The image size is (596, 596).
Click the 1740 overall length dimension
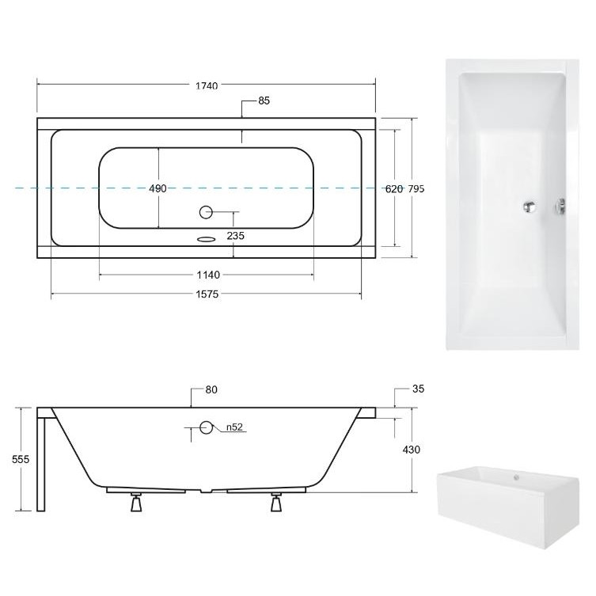[x=207, y=86]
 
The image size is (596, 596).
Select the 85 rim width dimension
[x=264, y=101]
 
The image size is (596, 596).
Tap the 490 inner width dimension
[x=158, y=188]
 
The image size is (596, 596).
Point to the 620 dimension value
[x=394, y=189]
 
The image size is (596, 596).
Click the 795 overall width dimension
[x=416, y=189]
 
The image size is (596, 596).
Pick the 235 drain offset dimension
[x=236, y=236]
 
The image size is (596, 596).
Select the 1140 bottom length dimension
[x=208, y=275]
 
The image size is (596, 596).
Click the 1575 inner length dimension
[x=207, y=294]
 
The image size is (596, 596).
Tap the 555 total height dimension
[x=21, y=460]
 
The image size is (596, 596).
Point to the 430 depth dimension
[x=412, y=450]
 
